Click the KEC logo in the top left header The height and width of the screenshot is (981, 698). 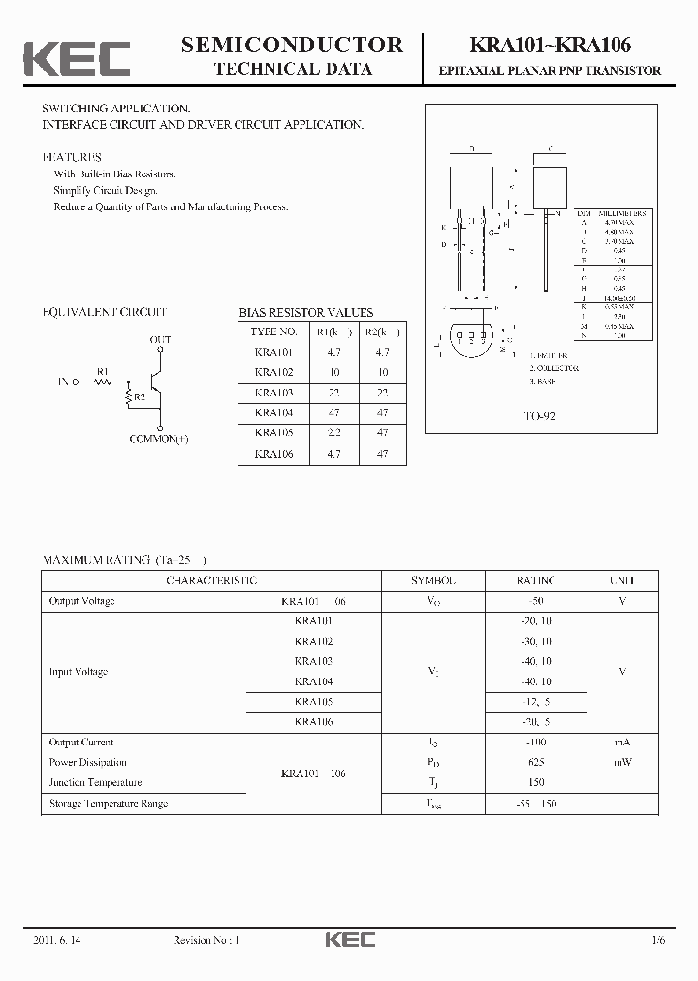tap(77, 58)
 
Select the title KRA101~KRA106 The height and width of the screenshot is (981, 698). tap(551, 45)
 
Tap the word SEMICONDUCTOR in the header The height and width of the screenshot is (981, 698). tap(292, 44)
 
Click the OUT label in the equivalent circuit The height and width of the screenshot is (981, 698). tap(160, 340)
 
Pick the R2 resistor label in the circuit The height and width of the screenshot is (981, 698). tap(139, 396)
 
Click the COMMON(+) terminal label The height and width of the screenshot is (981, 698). tap(159, 439)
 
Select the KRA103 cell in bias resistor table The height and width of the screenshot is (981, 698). tap(273, 393)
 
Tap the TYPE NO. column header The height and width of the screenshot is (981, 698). tap(275, 332)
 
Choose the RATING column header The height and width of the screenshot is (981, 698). tap(535, 580)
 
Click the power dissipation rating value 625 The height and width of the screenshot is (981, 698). tap(535, 763)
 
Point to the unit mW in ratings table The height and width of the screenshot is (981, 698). tap(622, 763)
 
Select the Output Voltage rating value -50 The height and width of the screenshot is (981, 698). tap(535, 601)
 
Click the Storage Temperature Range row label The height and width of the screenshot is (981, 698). tap(109, 803)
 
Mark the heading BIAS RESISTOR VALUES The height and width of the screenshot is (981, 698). tap(305, 313)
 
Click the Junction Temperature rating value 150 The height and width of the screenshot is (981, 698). tap(535, 782)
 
